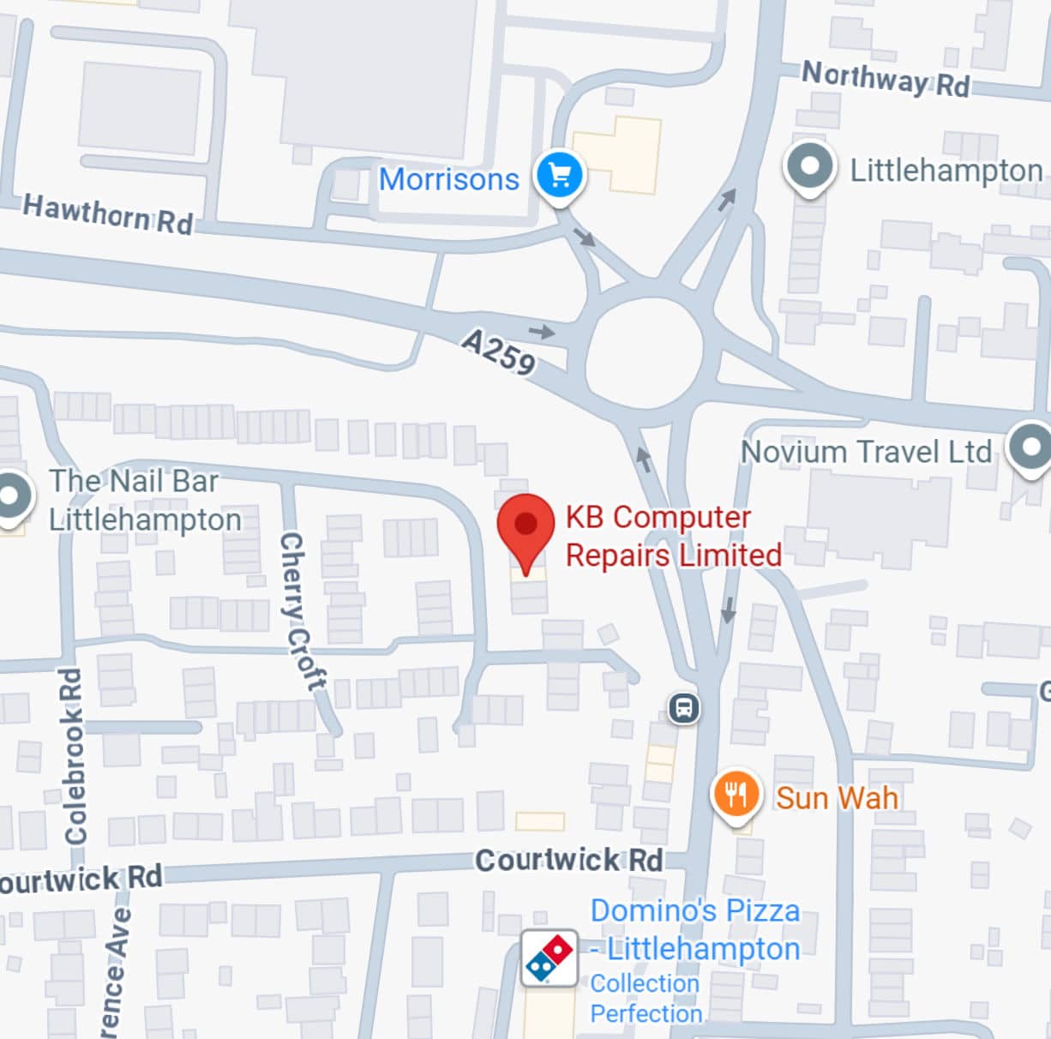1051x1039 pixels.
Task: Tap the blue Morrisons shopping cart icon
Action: coord(559,176)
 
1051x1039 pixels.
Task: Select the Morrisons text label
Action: coord(449,179)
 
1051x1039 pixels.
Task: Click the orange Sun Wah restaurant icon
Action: coord(735,794)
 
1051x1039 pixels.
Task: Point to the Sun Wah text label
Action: coord(837,798)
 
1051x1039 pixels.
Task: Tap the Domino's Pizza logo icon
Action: coord(549,958)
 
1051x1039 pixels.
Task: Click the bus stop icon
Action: coord(683,709)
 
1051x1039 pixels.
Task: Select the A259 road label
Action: coord(499,351)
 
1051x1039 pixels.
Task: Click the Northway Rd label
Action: coord(885,79)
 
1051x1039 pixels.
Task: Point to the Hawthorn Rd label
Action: coord(108,214)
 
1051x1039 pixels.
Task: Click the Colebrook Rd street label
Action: coord(75,754)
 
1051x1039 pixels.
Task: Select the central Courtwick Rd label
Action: coord(568,860)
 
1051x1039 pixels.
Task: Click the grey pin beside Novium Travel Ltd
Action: coord(1029,447)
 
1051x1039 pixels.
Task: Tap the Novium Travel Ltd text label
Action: coord(866,452)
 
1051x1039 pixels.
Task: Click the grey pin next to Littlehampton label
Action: coord(809,166)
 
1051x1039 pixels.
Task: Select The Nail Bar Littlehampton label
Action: coord(144,501)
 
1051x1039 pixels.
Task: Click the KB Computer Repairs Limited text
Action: coord(673,536)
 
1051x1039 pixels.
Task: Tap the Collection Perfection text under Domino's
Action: coord(646,999)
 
